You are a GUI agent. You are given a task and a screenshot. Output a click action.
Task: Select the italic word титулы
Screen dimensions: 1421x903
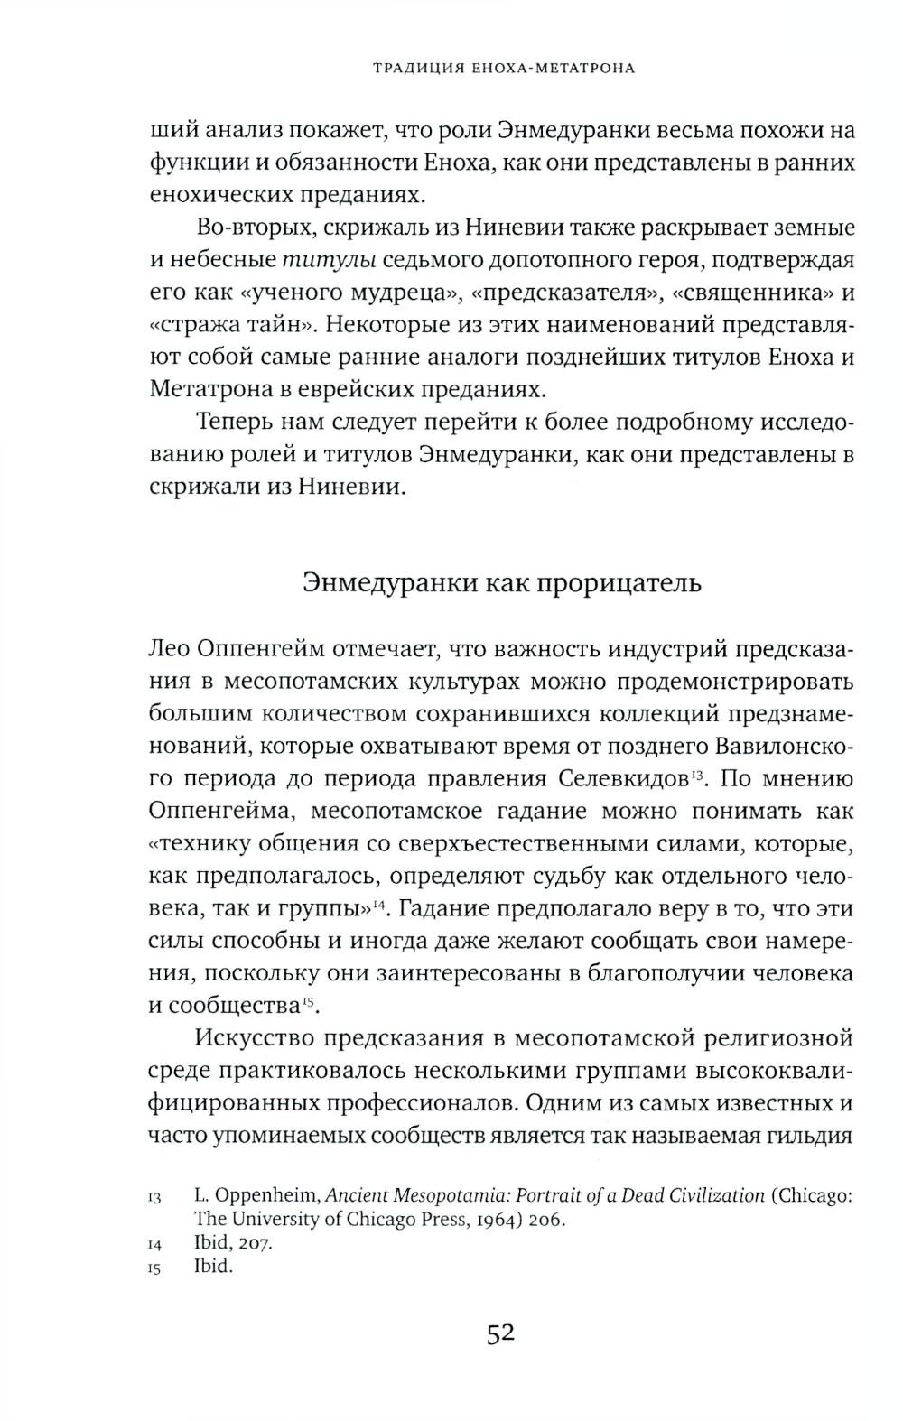[328, 261]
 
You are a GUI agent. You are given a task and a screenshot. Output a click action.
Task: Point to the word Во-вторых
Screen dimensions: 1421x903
[245, 228]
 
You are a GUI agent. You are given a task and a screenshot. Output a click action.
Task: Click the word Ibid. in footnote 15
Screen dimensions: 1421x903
[213, 1267]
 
